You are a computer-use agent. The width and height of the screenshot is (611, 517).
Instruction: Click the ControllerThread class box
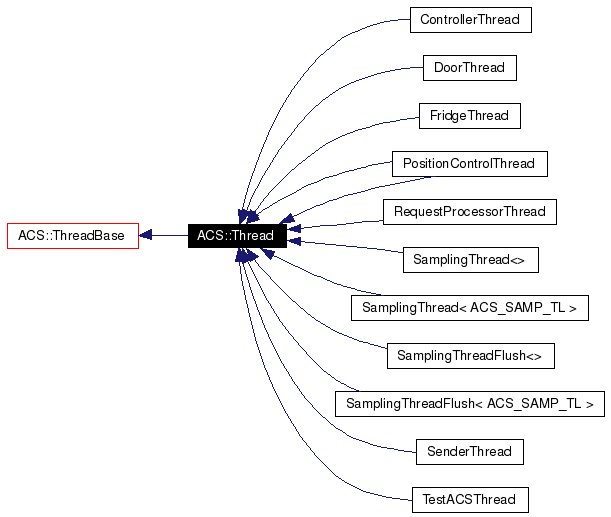(470, 20)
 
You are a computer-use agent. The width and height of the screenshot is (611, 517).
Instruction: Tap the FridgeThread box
(469, 116)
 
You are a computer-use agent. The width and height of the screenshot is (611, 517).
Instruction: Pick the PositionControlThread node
(469, 164)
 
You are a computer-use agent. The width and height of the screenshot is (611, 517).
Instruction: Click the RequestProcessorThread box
(469, 212)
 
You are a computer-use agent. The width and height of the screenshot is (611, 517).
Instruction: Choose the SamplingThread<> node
(469, 260)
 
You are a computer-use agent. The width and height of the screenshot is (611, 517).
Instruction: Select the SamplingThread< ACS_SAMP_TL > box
(469, 308)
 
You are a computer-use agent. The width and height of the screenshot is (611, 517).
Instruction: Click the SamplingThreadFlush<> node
(469, 356)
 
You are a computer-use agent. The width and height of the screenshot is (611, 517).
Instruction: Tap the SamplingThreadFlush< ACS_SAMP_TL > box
(469, 404)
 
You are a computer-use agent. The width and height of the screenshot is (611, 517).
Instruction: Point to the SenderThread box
(469, 452)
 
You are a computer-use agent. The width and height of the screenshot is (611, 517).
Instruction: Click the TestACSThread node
(469, 500)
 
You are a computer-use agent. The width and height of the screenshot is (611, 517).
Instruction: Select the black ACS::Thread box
(237, 236)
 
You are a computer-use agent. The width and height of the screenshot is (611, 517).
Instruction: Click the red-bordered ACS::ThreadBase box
(72, 236)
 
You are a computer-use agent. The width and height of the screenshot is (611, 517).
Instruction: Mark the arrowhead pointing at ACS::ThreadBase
(146, 236)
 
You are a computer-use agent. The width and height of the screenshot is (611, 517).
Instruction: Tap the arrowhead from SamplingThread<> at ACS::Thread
(295, 241)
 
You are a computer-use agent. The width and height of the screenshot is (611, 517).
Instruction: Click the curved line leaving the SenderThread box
(340, 425)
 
